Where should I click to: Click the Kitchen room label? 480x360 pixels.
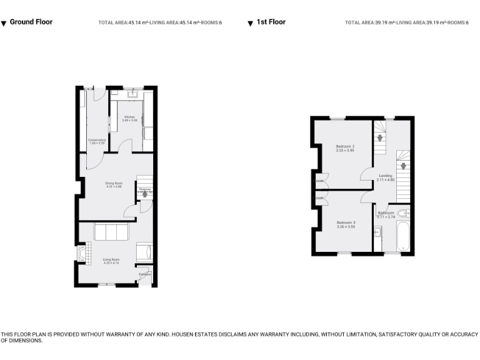point(129,117)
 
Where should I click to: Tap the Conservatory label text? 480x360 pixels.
point(97,140)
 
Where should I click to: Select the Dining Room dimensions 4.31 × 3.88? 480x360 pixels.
point(113,186)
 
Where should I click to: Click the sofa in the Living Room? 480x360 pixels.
point(111,232)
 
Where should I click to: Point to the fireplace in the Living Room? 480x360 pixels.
point(80,253)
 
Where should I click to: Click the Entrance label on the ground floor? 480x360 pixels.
point(144,274)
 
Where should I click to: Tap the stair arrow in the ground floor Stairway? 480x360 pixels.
point(145,194)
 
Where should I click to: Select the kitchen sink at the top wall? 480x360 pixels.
point(132,95)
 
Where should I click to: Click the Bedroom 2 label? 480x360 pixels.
point(344,146)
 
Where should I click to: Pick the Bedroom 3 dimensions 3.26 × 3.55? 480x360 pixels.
point(345,227)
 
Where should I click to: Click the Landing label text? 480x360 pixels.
point(386,176)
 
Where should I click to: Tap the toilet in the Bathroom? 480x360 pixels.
point(403,213)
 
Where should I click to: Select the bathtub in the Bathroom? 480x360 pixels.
point(403,237)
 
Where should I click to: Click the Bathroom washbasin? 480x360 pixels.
point(377,232)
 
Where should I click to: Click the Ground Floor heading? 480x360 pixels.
point(31,22)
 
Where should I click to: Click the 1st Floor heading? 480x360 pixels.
point(271,22)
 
